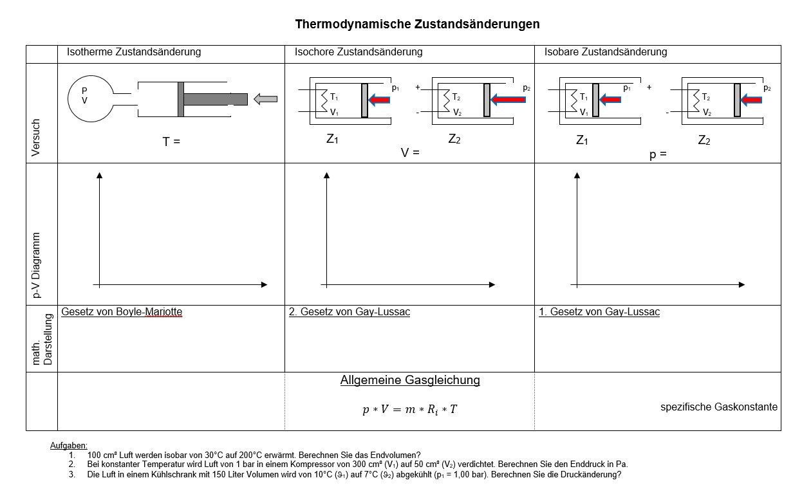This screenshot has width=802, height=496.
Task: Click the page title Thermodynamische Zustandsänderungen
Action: [417, 24]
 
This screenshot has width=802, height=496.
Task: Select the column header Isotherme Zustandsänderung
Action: [134, 52]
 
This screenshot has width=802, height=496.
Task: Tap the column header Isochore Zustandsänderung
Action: [359, 52]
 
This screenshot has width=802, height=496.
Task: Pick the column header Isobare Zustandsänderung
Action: [606, 52]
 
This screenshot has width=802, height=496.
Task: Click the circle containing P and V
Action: [90, 99]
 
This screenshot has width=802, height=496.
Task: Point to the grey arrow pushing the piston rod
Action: [265, 99]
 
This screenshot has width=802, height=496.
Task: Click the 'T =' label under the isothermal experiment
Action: [171, 142]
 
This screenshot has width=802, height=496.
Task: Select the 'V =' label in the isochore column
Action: [410, 153]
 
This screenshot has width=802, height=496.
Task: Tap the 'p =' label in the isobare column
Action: [658, 155]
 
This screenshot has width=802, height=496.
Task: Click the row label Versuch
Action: [36, 138]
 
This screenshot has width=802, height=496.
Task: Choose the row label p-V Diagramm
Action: [36, 265]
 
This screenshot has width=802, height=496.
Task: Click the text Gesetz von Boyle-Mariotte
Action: [122, 312]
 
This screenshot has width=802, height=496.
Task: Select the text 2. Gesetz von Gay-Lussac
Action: [350, 312]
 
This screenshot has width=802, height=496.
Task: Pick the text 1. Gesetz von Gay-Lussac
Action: [599, 312]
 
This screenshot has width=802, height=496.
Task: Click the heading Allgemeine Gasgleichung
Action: [410, 380]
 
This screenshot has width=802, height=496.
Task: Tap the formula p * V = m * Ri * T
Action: [409, 410]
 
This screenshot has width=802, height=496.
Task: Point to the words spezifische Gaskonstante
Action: [719, 407]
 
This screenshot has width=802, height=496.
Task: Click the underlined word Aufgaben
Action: [69, 446]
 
